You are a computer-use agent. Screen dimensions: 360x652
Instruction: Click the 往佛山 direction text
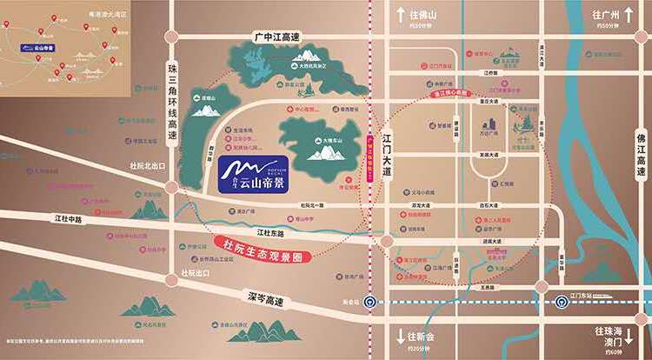(x=425, y=15)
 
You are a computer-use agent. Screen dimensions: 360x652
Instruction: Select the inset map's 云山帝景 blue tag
(x=40, y=50)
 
